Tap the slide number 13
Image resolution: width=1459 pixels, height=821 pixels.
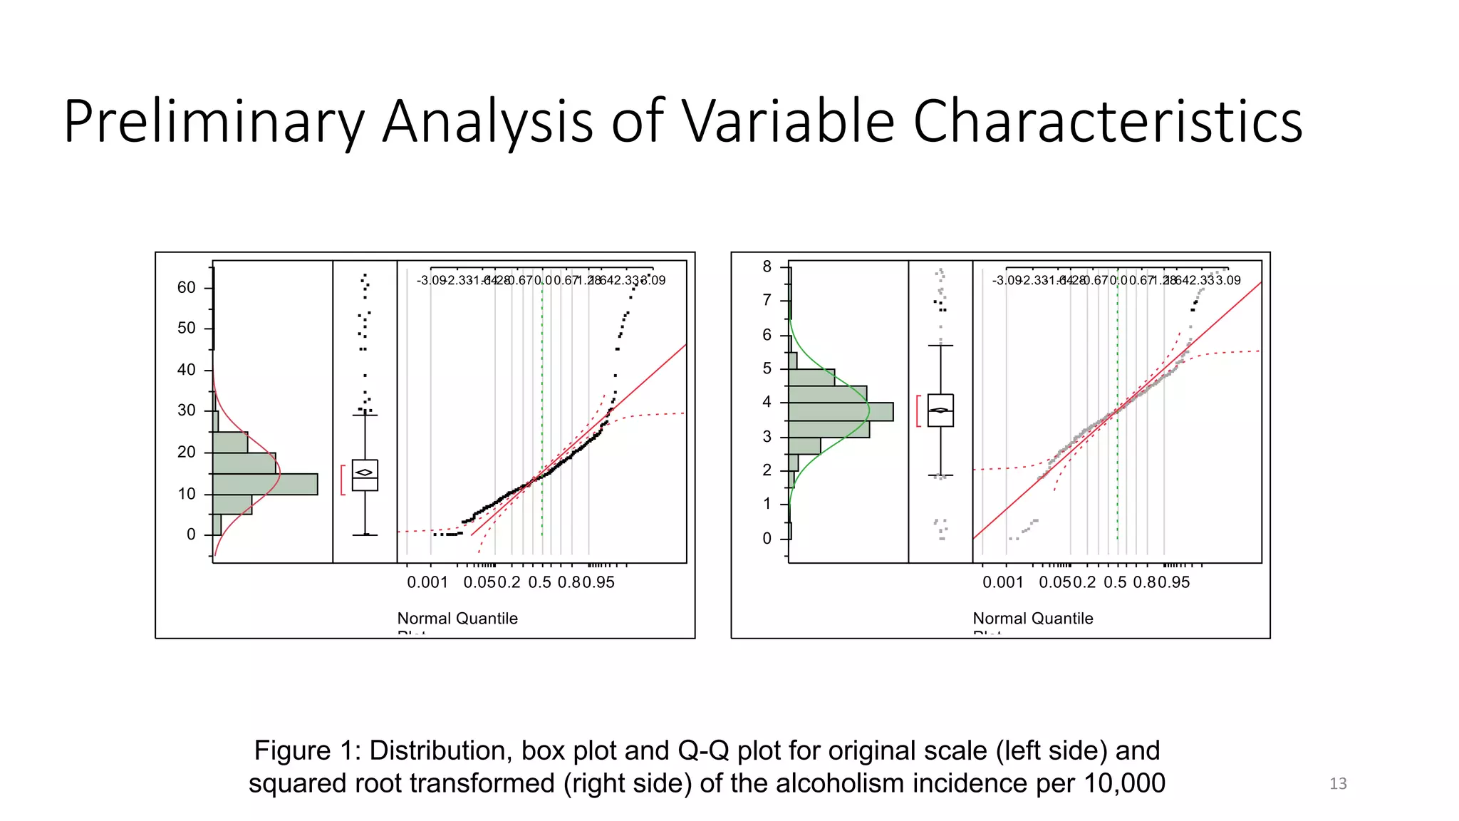pyautogui.click(x=1337, y=783)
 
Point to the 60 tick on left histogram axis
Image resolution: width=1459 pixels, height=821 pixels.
pyautogui.click(x=187, y=287)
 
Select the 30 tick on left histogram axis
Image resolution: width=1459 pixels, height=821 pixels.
pyautogui.click(x=187, y=410)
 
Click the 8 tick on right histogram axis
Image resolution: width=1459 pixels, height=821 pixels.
pyautogui.click(x=767, y=267)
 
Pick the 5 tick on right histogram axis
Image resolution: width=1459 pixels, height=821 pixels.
pyautogui.click(x=767, y=368)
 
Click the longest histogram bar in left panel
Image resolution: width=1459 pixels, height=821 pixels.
pyautogui.click(x=265, y=484)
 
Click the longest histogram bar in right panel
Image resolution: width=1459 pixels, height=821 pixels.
pyautogui.click(x=841, y=411)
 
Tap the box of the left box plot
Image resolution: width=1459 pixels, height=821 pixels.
pyautogui.click(x=365, y=475)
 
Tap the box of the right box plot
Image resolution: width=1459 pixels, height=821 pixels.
pyautogui.click(x=940, y=410)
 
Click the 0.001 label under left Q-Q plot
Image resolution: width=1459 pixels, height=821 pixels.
pyautogui.click(x=427, y=582)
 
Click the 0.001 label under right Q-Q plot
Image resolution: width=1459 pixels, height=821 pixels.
pyautogui.click(x=1003, y=582)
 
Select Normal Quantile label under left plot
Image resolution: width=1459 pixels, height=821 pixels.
pyautogui.click(x=457, y=619)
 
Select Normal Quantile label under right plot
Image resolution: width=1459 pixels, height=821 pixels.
pyautogui.click(x=1033, y=619)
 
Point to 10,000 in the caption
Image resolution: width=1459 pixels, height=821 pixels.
pyautogui.click(x=1123, y=783)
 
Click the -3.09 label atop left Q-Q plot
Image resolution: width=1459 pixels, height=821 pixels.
pyautogui.click(x=432, y=281)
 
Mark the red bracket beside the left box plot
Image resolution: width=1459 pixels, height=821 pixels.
pyautogui.click(x=343, y=480)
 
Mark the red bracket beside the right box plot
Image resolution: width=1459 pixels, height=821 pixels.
pyautogui.click(x=918, y=410)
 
